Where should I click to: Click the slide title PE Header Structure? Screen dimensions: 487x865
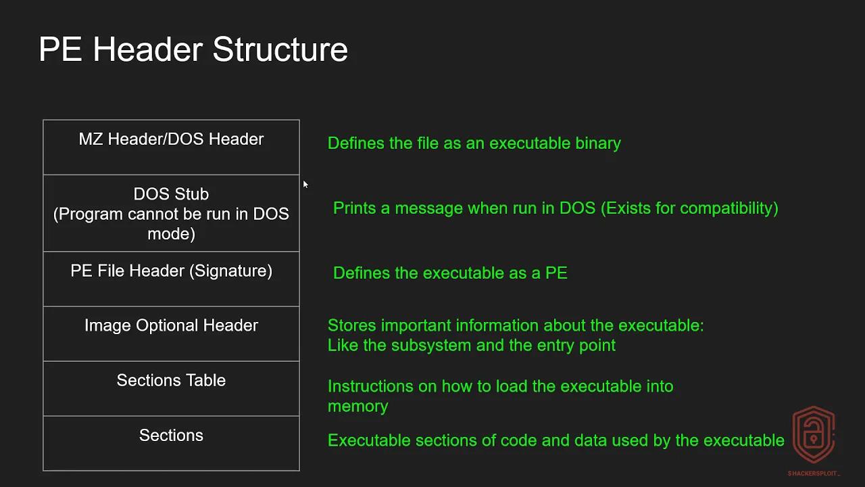pos(193,50)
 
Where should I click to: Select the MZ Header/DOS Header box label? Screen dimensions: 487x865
pos(171,139)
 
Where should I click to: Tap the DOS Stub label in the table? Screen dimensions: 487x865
pos(171,194)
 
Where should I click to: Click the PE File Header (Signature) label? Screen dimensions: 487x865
pos(171,271)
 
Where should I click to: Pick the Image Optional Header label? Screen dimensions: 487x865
pos(171,325)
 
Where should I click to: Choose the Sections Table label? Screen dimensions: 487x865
pos(171,381)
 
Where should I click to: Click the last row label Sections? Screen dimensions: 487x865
pos(171,436)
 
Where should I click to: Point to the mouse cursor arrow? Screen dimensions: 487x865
pos(305,184)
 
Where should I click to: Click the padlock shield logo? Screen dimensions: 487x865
pos(814,435)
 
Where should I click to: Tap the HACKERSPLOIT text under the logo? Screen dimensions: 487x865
pos(814,473)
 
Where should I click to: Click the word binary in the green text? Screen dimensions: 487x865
pos(598,143)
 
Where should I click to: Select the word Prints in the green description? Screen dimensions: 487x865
pos(354,208)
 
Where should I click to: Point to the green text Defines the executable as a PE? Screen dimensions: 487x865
pos(450,273)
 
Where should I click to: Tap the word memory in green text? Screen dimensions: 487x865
pos(357,407)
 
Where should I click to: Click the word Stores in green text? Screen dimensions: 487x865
pos(351,326)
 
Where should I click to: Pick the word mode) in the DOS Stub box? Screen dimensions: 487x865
pos(171,234)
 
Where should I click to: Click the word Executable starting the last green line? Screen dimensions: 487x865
pos(368,441)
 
